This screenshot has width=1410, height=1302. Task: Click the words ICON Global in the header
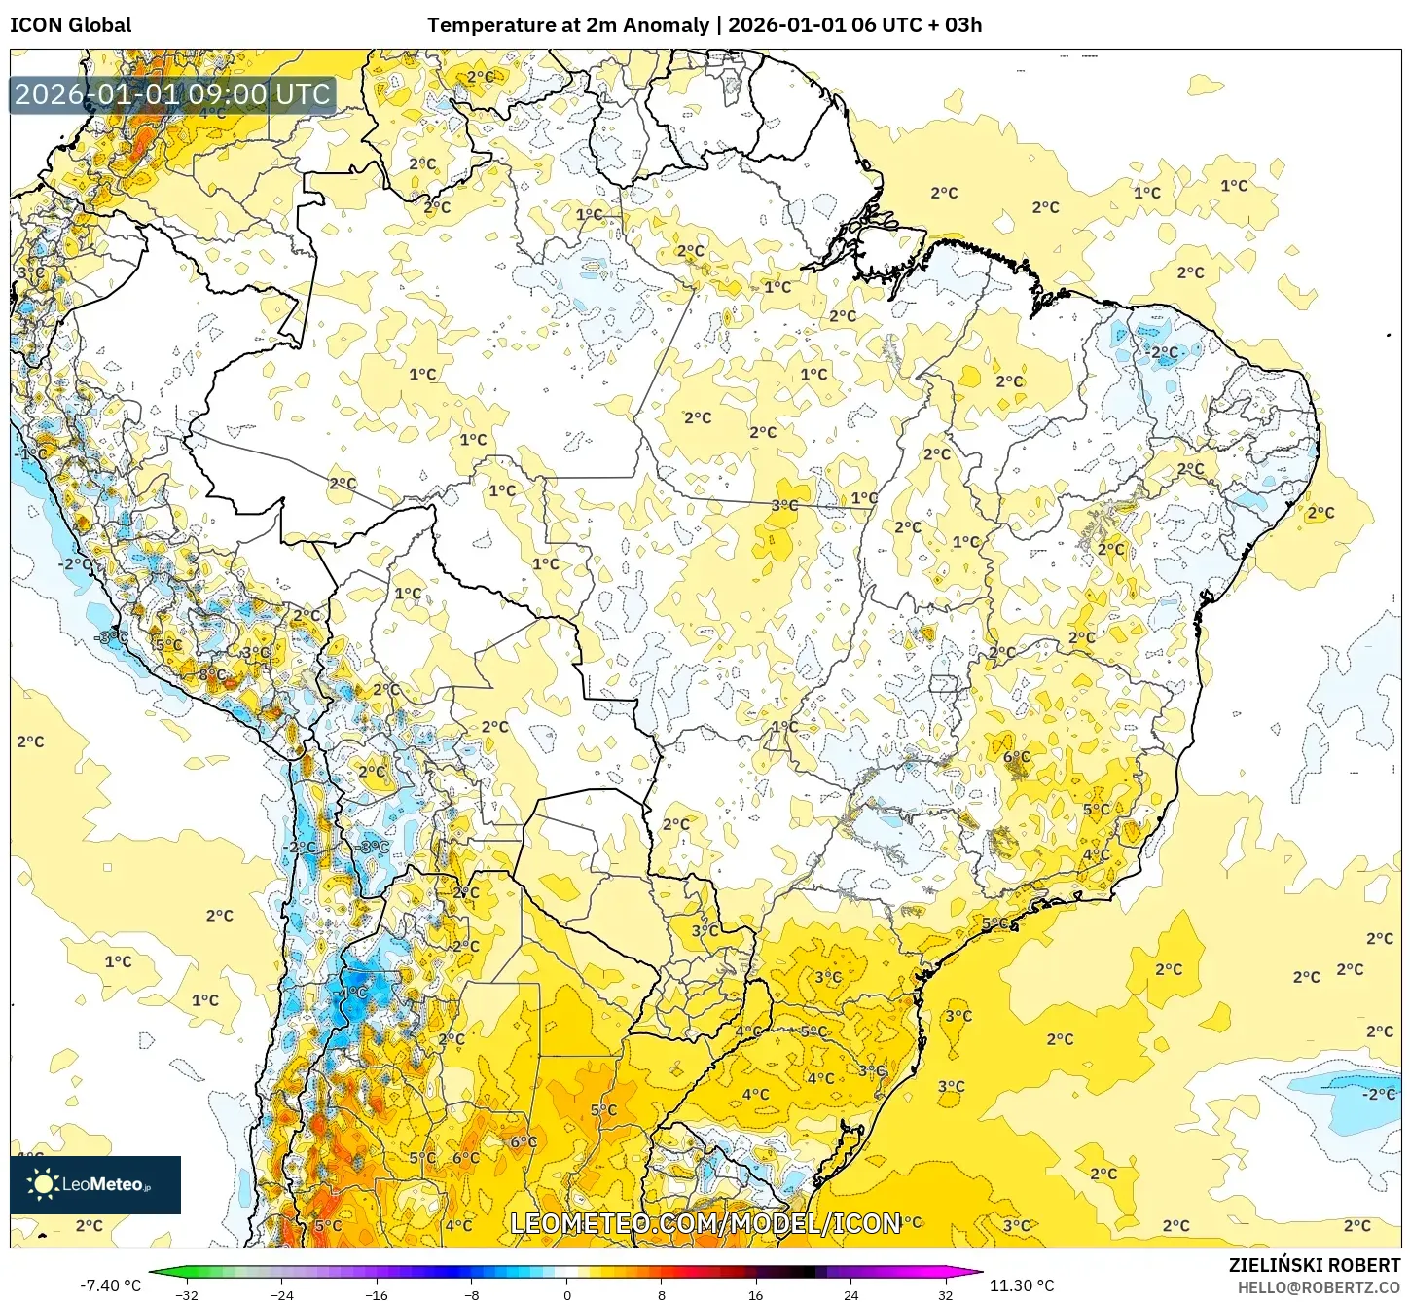[x=70, y=25]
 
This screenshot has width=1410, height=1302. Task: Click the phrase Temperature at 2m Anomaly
[x=567, y=25]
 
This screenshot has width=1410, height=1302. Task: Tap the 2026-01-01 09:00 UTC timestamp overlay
[x=172, y=94]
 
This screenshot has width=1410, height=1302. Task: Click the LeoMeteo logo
[x=95, y=1184]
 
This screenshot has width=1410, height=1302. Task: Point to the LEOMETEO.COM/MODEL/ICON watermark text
[x=705, y=1223]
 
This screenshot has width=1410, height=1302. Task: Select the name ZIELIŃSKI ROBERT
[x=1314, y=1265]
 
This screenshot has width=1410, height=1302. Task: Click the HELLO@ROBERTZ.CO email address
[x=1319, y=1287]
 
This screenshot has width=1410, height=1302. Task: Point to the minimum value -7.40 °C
[x=110, y=1285]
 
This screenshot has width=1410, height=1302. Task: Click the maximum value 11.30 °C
[x=1022, y=1285]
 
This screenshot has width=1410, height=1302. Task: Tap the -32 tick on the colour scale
[x=186, y=1295]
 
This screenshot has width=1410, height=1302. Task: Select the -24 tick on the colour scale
[x=281, y=1295]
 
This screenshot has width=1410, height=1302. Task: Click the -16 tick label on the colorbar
[x=377, y=1295]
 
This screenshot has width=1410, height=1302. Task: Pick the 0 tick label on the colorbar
[x=567, y=1295]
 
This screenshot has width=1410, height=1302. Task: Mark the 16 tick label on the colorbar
[x=756, y=1295]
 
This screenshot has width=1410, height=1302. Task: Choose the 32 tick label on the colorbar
[x=946, y=1295]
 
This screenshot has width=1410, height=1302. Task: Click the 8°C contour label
[x=212, y=674]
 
